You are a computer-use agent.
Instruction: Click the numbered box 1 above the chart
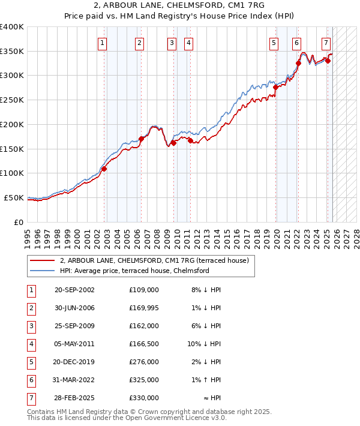coord(103,43)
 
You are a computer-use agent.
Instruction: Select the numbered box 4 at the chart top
coord(188,43)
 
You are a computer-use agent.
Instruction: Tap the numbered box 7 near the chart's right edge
coord(326,43)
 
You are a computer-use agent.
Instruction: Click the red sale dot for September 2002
coord(104,169)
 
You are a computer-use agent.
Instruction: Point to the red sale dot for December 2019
coord(275,87)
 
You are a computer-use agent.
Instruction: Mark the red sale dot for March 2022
coord(298,63)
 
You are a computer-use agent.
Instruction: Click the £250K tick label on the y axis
coord(12,100)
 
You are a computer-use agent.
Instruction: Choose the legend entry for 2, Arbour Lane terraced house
coord(158,260)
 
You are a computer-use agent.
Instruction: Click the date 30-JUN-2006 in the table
coord(74,308)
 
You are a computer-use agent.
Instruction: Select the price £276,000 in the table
coord(143,362)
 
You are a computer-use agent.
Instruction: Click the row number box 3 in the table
coord(31,326)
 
